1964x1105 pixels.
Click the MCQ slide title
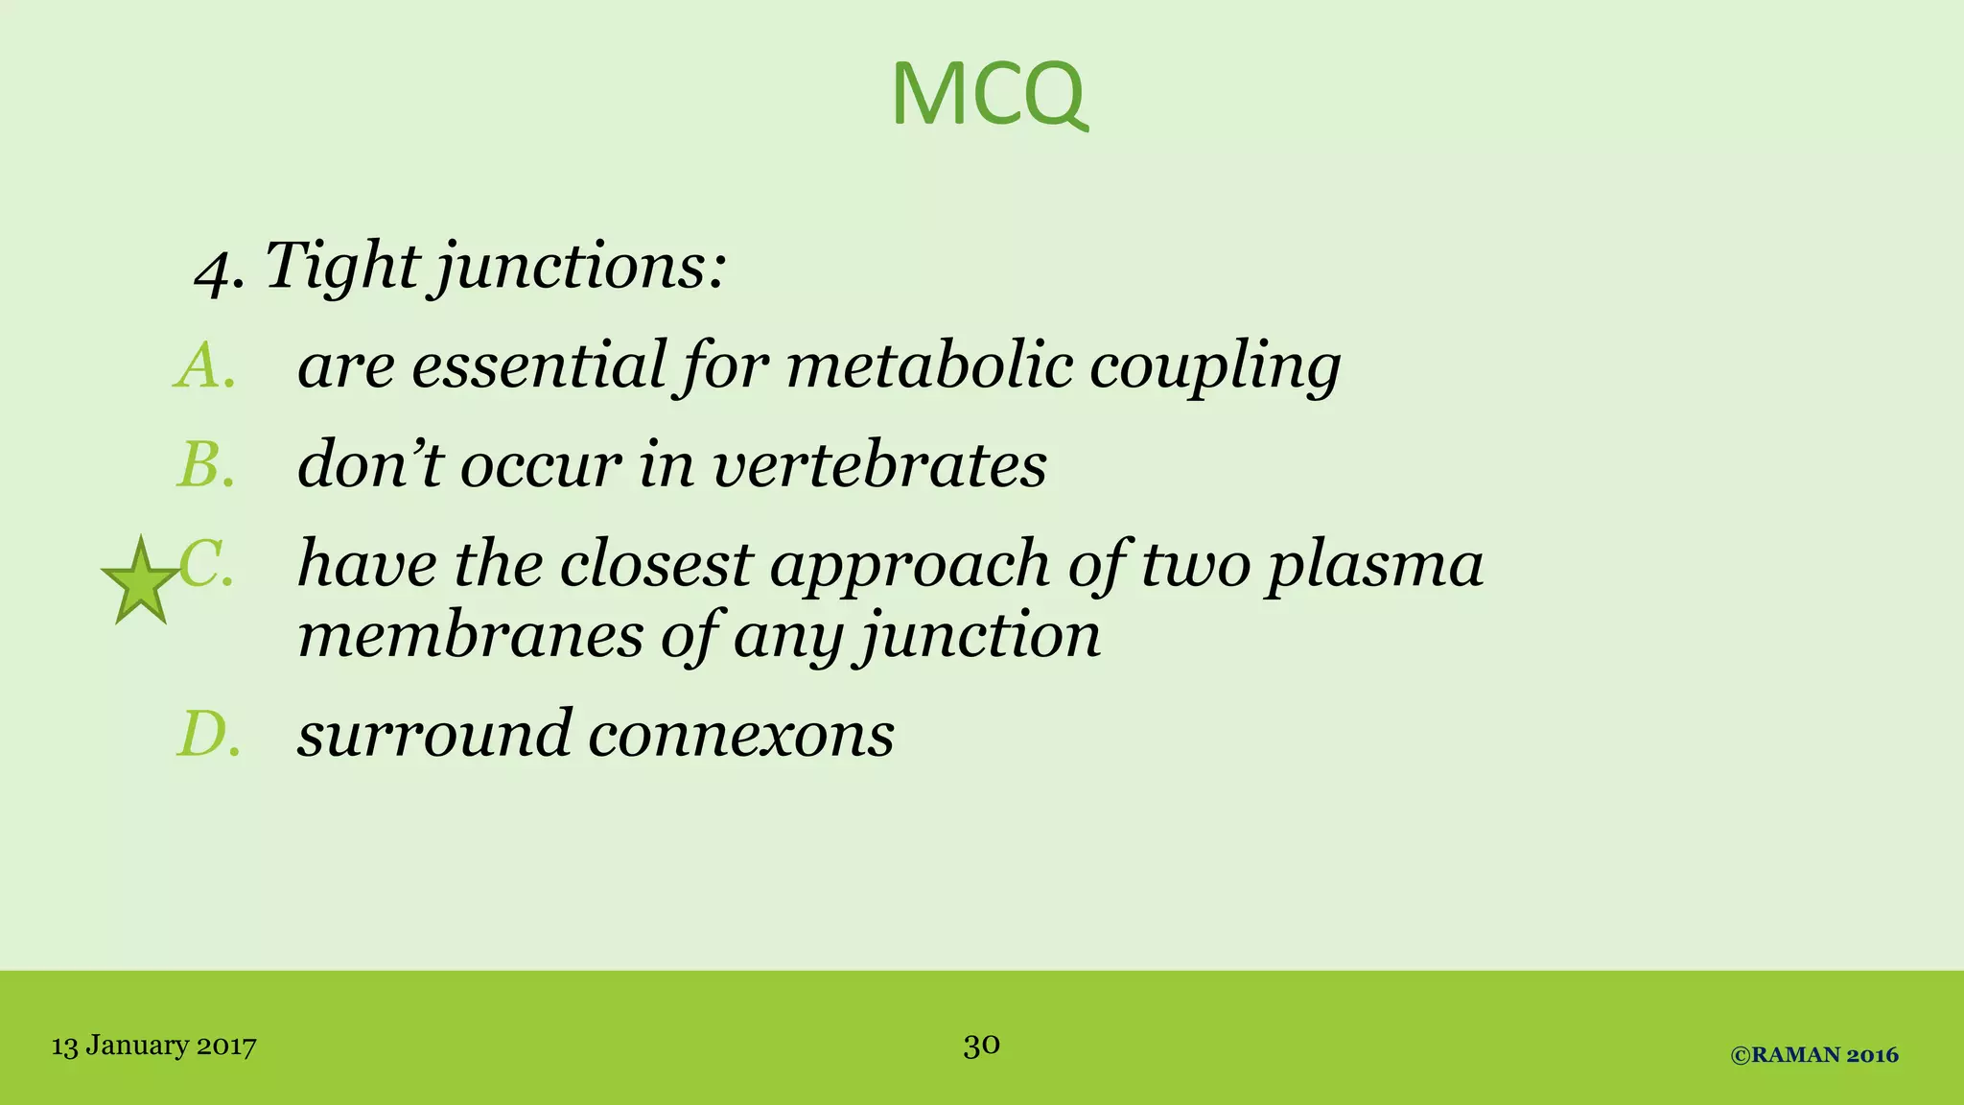pyautogui.click(x=989, y=94)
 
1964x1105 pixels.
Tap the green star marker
pyautogui.click(x=141, y=582)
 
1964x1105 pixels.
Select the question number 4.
pyautogui.click(x=216, y=270)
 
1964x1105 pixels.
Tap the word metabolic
pyautogui.click(x=929, y=365)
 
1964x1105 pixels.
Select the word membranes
pyautogui.click(x=470, y=635)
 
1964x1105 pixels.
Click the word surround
pyautogui.click(x=434, y=735)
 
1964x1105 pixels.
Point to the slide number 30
pyautogui.click(x=982, y=1045)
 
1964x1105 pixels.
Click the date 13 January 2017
pyautogui.click(x=153, y=1046)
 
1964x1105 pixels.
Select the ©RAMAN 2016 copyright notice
pyautogui.click(x=1814, y=1055)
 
